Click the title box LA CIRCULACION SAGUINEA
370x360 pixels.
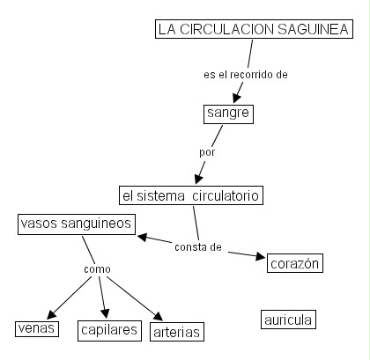coord(254,29)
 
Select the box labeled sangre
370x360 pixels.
coord(228,114)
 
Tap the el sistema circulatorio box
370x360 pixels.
coord(191,195)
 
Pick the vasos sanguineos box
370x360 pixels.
coord(77,224)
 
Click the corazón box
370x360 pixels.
coord(295,263)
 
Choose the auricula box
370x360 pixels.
coord(288,320)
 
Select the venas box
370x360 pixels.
coord(37,328)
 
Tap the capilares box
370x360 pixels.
coord(109,331)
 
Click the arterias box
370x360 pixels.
coord(177,332)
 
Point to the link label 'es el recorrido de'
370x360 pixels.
coord(246,75)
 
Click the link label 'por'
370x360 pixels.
coord(207,152)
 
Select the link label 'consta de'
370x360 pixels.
coord(198,247)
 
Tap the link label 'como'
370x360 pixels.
coord(97,269)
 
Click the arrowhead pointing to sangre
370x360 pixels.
coord(237,99)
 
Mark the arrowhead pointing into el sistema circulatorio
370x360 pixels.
coord(199,179)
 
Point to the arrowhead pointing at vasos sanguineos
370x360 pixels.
coord(142,237)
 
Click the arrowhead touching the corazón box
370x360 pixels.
coord(261,256)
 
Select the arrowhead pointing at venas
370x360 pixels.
coord(51,314)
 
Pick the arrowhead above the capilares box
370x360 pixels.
coord(105,313)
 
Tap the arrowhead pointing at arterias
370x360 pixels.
coord(159,316)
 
